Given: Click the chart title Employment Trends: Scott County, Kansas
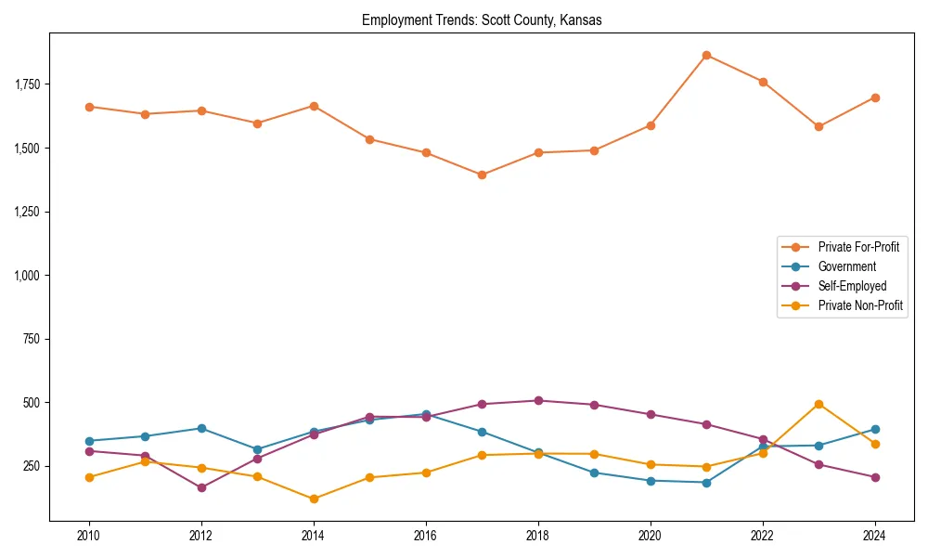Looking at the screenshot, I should pyautogui.click(x=482, y=20).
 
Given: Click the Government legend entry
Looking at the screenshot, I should pyautogui.click(x=846, y=266).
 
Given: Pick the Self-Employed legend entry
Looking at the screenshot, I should pyautogui.click(x=852, y=286).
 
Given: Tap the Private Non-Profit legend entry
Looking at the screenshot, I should pyautogui.click(x=860, y=305).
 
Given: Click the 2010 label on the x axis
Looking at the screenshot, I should pyautogui.click(x=89, y=536).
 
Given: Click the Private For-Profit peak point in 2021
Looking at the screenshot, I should pyautogui.click(x=706, y=55).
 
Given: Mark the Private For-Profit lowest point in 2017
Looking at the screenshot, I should pyautogui.click(x=482, y=175).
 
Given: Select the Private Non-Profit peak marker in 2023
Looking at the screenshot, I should pyautogui.click(x=818, y=404).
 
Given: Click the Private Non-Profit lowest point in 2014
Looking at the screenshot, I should pyautogui.click(x=314, y=499).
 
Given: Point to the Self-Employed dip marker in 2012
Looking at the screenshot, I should pyautogui.click(x=201, y=487).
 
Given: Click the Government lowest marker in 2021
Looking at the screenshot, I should pyautogui.click(x=706, y=483).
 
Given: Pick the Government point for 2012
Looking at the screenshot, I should pyautogui.click(x=201, y=428).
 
